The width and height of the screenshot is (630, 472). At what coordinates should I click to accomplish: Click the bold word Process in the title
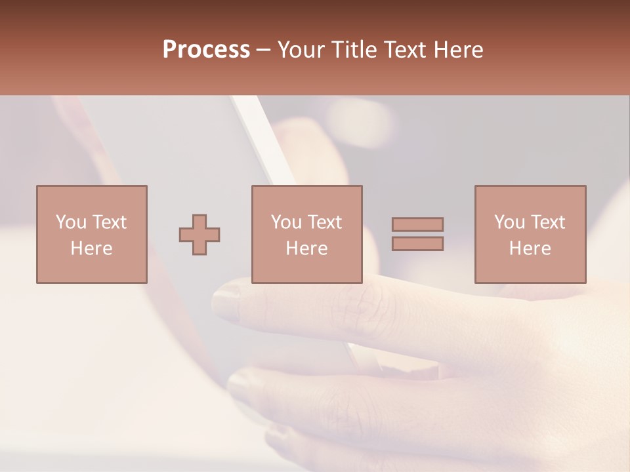pos(206,50)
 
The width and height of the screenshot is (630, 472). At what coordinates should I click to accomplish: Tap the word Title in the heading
pos(353,50)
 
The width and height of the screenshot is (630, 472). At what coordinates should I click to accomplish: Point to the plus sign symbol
pos(199,235)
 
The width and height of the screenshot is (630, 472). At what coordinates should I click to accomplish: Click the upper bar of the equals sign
pos(417,224)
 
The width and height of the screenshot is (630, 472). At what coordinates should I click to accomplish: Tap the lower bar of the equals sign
pos(417,243)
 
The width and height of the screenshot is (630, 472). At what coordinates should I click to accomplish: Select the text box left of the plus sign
pos(92,234)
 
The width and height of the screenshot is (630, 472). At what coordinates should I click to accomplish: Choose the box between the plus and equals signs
pos(306,234)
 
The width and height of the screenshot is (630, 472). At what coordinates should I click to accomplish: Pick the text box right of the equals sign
pos(530,234)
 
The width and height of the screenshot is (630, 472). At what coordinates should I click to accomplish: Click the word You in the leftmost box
pos(71,222)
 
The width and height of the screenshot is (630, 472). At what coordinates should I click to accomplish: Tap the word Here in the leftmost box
pos(91,248)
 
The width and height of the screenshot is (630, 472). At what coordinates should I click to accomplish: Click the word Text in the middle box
pos(325,222)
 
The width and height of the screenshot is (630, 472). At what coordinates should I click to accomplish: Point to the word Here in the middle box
pos(306,248)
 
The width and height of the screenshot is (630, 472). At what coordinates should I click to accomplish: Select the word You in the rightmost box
pos(509,222)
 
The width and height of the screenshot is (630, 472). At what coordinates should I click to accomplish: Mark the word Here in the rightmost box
pos(530,248)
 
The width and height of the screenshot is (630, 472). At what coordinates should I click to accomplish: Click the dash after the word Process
pos(263,50)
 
